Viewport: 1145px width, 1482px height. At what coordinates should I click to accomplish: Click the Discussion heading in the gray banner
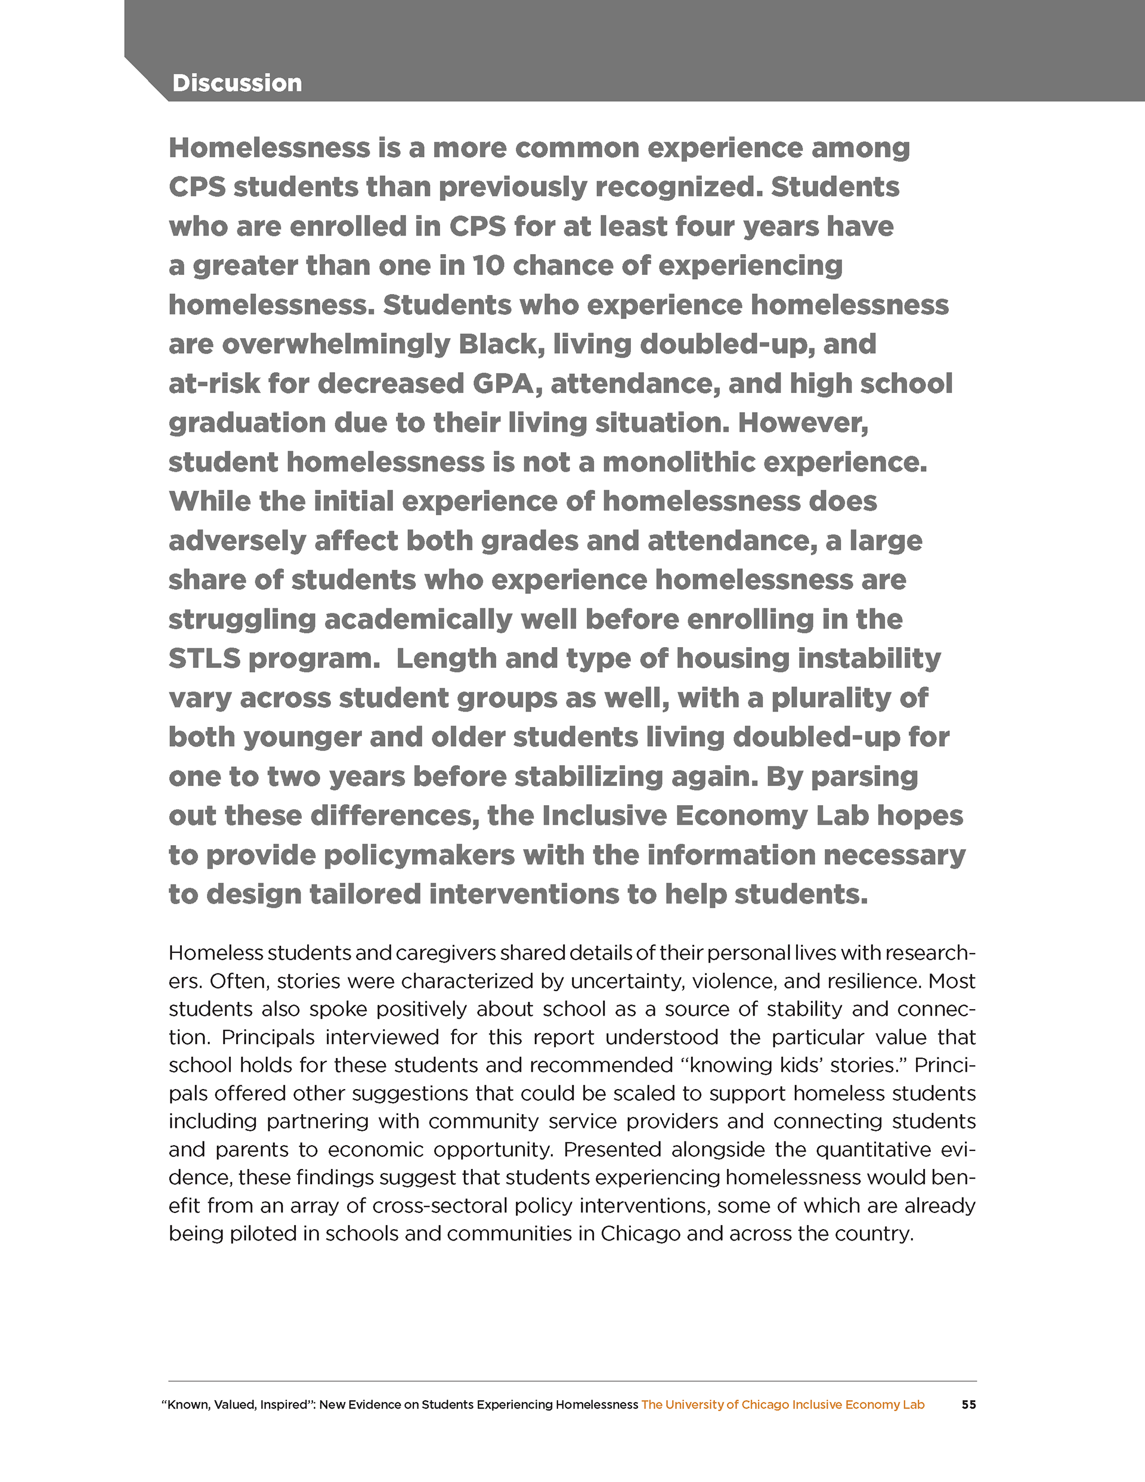[237, 83]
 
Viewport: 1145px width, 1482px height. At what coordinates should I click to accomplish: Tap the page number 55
[968, 1404]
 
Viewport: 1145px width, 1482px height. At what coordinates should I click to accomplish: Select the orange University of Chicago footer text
[782, 1404]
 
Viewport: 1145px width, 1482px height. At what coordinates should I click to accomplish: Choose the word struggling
[242, 620]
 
